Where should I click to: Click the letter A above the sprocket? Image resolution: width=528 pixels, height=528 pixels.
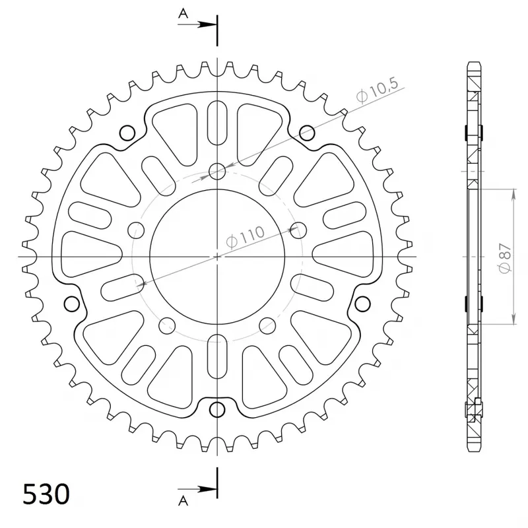pyautogui.click(x=183, y=12)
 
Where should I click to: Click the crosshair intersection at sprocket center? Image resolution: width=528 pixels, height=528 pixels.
pyautogui.click(x=217, y=255)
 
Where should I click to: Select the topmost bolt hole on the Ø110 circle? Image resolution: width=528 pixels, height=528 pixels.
pyautogui.click(x=217, y=172)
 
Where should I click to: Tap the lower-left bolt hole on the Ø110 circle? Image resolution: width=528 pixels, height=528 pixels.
pyautogui.click(x=168, y=324)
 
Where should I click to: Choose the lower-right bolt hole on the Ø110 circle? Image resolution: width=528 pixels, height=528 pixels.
pyautogui.click(x=267, y=324)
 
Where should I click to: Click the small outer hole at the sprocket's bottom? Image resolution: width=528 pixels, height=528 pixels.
pyautogui.click(x=217, y=410)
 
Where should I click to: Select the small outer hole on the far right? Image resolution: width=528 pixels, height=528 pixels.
pyautogui.click(x=362, y=304)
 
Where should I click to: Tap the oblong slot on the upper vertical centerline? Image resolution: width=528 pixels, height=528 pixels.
pyautogui.click(x=217, y=123)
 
